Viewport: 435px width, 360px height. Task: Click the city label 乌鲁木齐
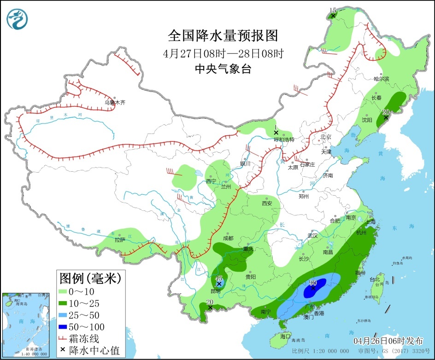(x=115, y=102)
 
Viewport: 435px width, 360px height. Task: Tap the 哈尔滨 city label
(x=382, y=79)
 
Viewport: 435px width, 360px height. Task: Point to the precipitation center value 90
(x=312, y=283)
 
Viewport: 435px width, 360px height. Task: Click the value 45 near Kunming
(x=219, y=278)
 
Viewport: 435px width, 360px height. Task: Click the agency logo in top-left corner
(x=18, y=19)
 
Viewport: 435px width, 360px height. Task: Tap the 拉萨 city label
(x=120, y=240)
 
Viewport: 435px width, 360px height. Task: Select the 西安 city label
(x=267, y=203)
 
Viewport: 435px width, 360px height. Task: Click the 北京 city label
(x=326, y=137)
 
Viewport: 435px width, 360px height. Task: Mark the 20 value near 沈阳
(x=386, y=111)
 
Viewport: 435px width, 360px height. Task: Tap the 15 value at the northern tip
(x=333, y=10)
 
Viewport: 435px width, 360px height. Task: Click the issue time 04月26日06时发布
(x=388, y=341)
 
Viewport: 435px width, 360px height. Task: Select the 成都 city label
(x=228, y=238)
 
